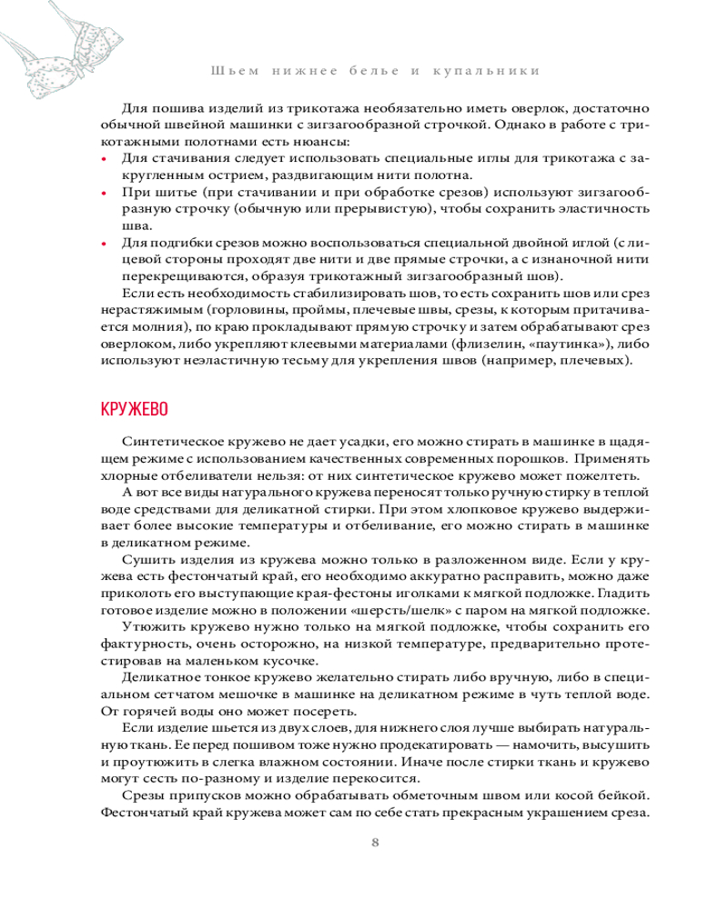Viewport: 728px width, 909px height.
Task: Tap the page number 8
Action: coord(375,842)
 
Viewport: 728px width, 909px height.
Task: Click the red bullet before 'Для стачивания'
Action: coord(105,159)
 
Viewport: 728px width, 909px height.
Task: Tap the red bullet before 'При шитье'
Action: coord(105,193)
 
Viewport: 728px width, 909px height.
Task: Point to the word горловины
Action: coord(221,311)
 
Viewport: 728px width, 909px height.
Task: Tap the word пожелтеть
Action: coord(608,477)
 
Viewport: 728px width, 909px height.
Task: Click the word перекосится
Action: coord(374,778)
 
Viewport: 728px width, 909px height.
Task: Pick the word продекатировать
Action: coord(318,744)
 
